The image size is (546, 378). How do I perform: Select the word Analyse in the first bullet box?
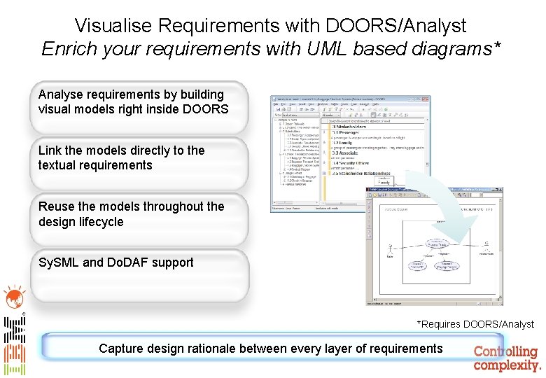[x=60, y=94]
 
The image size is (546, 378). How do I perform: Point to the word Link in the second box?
[x=50, y=150]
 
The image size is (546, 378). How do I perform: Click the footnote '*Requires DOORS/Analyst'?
[x=475, y=324]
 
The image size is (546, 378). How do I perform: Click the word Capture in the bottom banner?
[x=120, y=349]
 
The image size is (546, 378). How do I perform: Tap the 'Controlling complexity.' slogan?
[x=507, y=358]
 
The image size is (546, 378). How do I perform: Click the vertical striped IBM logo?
[x=15, y=346]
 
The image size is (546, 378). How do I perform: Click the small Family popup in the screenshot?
[x=384, y=180]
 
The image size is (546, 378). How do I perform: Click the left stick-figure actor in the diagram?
[x=390, y=248]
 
